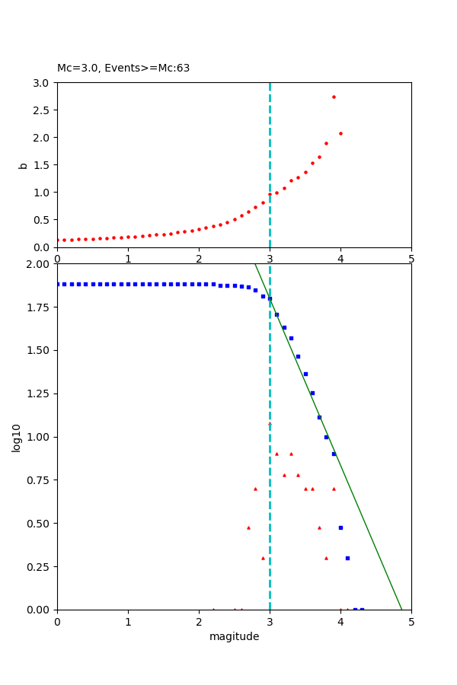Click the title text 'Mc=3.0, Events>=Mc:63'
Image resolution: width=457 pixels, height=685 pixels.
point(123,68)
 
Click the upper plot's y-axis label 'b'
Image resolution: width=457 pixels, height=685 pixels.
point(24,165)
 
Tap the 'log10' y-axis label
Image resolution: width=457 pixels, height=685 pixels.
point(16,437)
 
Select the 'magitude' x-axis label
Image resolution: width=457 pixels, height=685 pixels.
point(234,636)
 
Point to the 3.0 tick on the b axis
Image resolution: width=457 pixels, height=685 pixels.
point(41,83)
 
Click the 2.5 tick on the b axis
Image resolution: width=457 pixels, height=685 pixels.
point(41,110)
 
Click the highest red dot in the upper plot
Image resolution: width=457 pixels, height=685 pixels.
point(334,97)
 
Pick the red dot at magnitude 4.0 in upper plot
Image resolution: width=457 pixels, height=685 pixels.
point(340,133)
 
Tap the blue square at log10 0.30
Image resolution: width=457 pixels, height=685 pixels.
point(347,558)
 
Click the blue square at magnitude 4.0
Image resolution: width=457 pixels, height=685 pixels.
point(340,527)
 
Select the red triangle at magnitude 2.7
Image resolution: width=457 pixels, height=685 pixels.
point(248,527)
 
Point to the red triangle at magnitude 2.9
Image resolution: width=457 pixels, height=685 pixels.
point(263,558)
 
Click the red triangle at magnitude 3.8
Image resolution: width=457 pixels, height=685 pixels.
point(326,558)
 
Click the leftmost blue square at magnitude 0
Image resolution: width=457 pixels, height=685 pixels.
point(58,284)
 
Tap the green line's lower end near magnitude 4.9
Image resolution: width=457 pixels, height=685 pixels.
point(401,608)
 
